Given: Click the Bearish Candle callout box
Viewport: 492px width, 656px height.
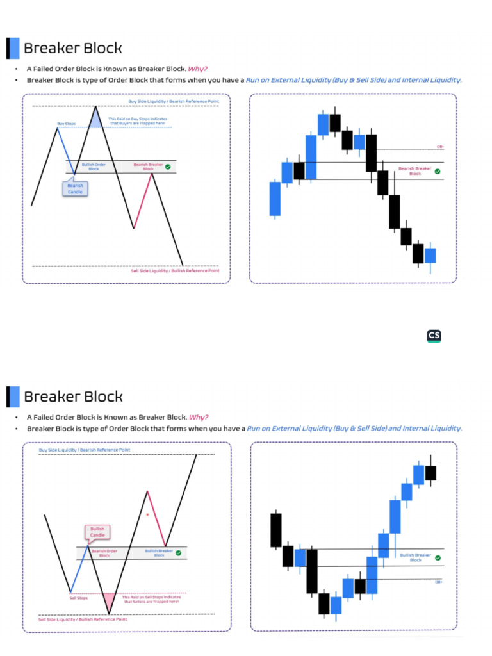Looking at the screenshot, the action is click(75, 188).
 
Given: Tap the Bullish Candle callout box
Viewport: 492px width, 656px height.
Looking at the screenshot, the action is click(97, 532).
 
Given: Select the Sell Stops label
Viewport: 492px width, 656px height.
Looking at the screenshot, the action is click(78, 598).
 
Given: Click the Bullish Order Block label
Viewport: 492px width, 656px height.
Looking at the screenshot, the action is click(94, 167).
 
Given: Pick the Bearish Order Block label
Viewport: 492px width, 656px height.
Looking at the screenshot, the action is click(104, 553).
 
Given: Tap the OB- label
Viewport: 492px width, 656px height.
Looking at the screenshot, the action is click(440, 147).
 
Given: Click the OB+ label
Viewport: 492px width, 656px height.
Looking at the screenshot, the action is click(439, 582).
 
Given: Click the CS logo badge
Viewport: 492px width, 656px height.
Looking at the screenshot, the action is click(434, 336).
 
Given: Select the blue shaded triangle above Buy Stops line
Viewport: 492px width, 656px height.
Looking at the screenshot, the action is click(95, 120).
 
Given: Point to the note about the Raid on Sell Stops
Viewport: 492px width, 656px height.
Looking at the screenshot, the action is click(151, 600).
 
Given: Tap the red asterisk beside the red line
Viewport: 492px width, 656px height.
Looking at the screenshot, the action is click(147, 514).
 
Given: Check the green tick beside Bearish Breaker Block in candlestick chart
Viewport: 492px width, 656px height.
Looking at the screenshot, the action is click(437, 171).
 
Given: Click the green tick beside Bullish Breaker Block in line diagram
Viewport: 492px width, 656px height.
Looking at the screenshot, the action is click(178, 552).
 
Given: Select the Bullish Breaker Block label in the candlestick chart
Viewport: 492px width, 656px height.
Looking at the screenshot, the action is click(416, 557).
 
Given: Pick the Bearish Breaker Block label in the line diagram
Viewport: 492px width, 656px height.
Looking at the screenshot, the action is click(147, 167).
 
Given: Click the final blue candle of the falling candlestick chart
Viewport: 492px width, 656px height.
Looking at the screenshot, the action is click(430, 255).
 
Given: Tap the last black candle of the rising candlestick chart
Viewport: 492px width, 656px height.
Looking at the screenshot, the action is click(430, 473).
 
